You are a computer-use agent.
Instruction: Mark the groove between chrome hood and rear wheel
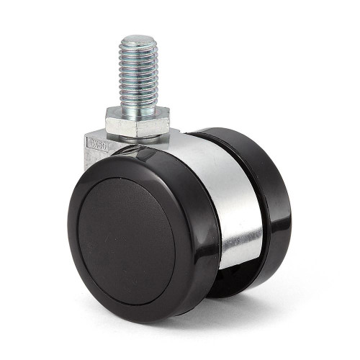pyautogui.click(x=253, y=216)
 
